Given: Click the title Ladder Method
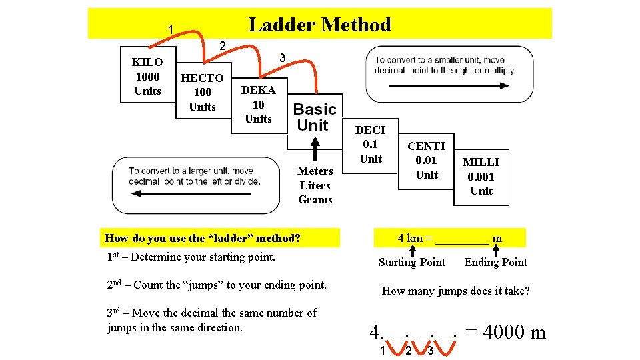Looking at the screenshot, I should click(319, 25).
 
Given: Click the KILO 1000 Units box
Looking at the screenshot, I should click(147, 76).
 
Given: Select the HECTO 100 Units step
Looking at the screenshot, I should click(202, 92).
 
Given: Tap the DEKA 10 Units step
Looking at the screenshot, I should click(258, 105).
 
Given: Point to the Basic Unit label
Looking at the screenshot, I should click(315, 117).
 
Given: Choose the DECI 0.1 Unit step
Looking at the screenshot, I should click(370, 144).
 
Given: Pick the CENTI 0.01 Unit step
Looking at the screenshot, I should click(426, 160).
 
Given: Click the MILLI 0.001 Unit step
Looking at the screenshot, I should click(481, 176).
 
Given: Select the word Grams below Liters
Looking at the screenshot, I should click(315, 199).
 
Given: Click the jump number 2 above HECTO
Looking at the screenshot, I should click(223, 45).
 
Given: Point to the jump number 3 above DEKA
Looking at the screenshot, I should click(282, 59).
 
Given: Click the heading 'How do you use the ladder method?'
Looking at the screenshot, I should click(203, 238).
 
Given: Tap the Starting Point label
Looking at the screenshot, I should click(411, 262).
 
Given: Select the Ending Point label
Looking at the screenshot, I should click(495, 262).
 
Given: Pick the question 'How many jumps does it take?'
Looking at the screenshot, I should click(455, 291).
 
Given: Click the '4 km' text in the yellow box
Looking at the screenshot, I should click(411, 238).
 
